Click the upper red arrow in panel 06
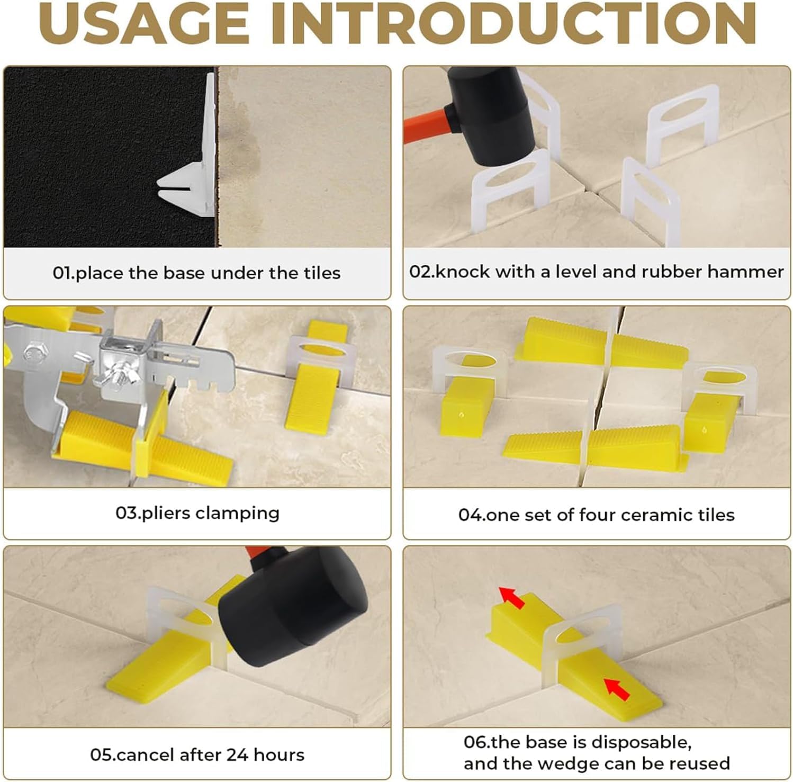point(512,597)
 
